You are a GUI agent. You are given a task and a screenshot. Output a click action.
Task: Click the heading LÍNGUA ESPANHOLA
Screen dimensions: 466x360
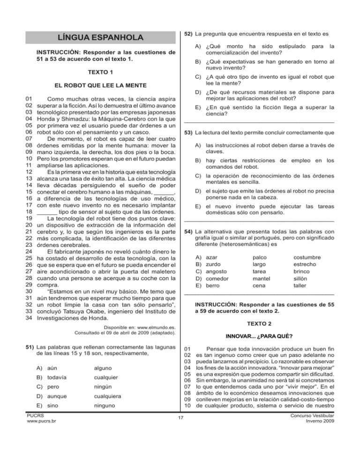click(x=99, y=37)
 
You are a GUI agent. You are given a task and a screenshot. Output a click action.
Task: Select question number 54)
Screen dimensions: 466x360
click(x=188, y=231)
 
